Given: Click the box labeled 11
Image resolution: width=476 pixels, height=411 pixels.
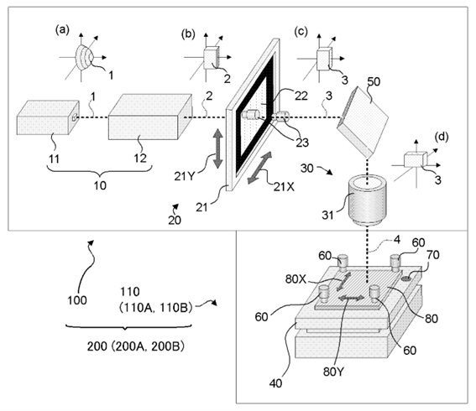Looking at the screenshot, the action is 48,117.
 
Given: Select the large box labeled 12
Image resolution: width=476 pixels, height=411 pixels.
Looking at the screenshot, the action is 150,117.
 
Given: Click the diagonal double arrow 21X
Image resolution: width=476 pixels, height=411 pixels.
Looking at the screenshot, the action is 260,168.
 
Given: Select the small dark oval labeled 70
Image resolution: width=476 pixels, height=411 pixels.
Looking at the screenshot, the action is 406,278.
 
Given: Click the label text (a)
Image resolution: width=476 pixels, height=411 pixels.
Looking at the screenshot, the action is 62,29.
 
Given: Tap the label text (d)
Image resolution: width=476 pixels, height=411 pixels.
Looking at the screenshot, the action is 441,137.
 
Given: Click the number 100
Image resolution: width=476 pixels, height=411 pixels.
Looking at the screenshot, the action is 76,300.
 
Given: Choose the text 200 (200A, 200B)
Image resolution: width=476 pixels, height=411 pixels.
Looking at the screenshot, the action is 136,346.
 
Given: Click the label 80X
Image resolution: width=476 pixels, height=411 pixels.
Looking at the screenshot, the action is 296,279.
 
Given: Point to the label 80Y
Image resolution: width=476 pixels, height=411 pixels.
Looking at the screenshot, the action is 333,372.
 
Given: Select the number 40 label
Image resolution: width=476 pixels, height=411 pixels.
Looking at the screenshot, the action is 275,383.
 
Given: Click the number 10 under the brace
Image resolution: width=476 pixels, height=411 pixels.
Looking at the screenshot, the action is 100,185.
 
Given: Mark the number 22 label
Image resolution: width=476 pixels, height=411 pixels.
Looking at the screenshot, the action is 301,96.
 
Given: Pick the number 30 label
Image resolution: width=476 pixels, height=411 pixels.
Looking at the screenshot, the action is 306,168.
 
